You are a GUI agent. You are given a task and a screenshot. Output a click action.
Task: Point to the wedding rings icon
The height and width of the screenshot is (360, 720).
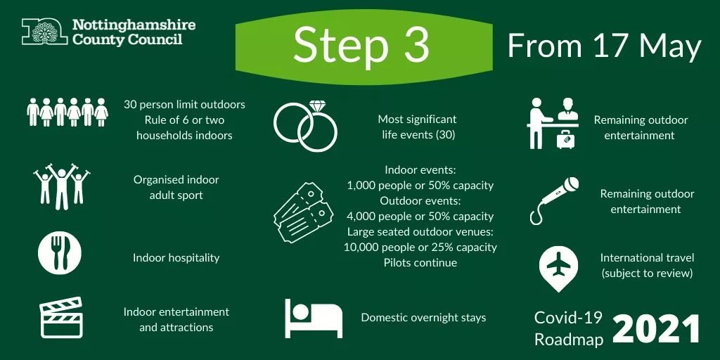tap(305, 125)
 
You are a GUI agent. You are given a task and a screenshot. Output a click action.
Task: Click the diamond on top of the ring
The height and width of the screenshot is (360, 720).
tap(317, 106)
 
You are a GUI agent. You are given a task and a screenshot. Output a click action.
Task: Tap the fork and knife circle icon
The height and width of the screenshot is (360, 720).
tap(60, 253)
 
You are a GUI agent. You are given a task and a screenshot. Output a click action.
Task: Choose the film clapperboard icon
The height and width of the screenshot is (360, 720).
tap(62, 318)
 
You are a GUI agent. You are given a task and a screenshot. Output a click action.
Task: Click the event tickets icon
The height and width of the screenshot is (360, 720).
tap(304, 212)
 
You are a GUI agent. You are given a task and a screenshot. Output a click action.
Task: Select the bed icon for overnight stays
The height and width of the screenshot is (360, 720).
tap(314, 319)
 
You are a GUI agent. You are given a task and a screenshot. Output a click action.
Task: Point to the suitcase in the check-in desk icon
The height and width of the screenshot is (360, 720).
tap(566, 139)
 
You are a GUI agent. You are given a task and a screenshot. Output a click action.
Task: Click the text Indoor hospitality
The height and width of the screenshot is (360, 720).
tap(176, 257)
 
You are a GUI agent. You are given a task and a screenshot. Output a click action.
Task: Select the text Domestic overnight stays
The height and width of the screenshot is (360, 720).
tap(423, 317)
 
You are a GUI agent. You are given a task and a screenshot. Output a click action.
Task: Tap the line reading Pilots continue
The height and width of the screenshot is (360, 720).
tap(420, 263)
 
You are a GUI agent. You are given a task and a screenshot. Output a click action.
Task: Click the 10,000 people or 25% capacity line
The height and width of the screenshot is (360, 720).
tap(420, 247)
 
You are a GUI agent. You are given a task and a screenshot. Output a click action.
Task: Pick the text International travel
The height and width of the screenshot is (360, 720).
tap(648, 257)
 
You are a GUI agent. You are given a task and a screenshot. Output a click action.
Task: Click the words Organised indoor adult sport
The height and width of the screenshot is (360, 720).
tap(176, 187)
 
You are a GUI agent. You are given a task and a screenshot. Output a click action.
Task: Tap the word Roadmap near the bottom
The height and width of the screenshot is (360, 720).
tap(569, 339)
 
